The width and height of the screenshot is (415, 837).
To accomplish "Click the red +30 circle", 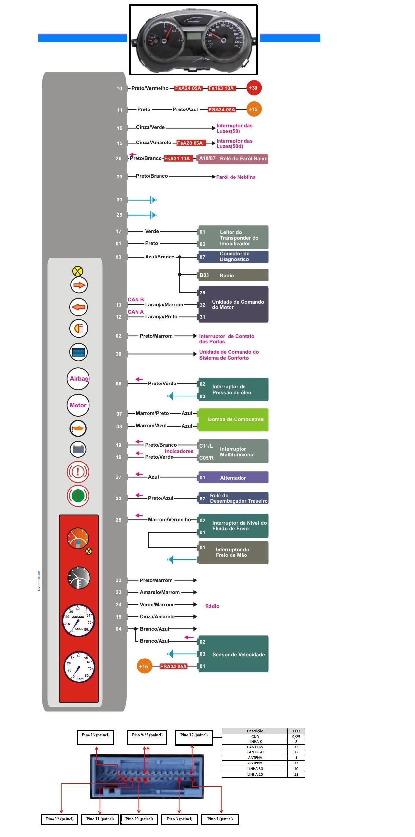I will point(254,88).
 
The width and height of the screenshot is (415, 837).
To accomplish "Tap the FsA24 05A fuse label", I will point(188,88).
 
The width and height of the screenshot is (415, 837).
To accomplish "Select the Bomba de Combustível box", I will point(233,419).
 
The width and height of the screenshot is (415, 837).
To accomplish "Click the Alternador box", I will point(233,477).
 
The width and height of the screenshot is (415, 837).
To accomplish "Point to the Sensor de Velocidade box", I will point(233,654).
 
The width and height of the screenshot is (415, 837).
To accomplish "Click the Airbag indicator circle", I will point(78,379).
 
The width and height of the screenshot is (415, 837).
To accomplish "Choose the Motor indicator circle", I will point(78,405).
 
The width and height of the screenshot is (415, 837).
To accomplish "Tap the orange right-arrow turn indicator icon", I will point(79,285).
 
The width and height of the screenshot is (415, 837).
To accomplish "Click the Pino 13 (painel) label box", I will point(96,737).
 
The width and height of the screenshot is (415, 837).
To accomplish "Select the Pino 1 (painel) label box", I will point(220,819).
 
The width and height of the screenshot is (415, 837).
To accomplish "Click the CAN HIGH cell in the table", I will point(255,752).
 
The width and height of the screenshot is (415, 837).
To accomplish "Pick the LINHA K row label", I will point(255,742).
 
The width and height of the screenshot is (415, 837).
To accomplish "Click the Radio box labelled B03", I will point(233,275).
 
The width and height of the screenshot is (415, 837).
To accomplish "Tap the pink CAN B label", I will point(136,300).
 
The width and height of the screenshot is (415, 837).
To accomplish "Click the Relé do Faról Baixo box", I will point(233,159).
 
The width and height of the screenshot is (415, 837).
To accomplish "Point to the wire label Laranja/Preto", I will point(161,317).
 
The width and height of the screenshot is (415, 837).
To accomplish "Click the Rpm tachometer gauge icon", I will point(79,667).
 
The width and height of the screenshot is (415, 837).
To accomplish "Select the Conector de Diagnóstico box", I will point(233,256).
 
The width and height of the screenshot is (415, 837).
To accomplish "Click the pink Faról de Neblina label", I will point(235,177).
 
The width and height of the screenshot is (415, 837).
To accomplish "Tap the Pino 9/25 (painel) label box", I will point(147,737).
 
